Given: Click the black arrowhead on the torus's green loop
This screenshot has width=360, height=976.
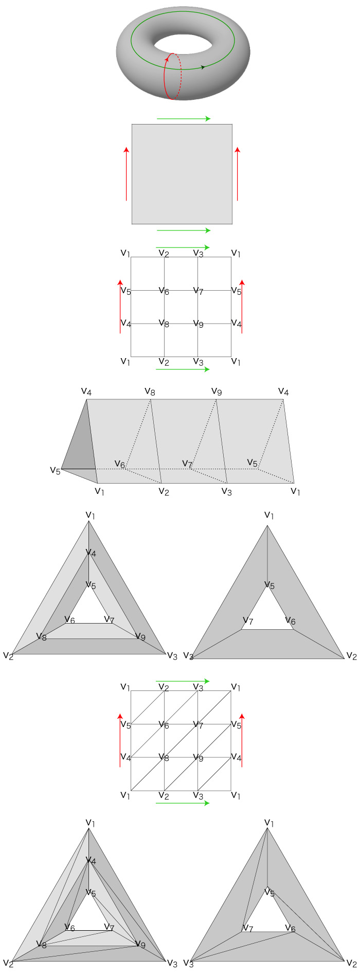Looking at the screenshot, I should coord(203,67).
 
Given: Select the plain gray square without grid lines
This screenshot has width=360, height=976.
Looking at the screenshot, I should coord(182,174).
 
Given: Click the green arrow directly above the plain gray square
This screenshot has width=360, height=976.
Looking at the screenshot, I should coord(184,119).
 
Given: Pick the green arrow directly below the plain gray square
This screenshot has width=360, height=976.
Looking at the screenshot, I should coord(184,230).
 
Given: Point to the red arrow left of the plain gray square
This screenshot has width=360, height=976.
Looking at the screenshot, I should coord(127,174).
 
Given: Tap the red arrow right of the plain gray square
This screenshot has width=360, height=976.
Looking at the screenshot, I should coord(237,174).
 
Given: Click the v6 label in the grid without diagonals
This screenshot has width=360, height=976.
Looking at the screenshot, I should coord(164,291).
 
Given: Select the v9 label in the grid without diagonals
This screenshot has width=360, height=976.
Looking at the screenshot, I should coord(198,324).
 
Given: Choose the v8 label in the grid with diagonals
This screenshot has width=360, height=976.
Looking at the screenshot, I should coord(164,757).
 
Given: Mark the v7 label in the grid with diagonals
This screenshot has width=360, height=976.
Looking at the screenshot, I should coord(198,725).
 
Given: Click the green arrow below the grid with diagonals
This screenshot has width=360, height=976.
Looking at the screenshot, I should coord(183,803).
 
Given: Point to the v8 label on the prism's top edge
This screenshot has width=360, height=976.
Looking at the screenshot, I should coord(150,392).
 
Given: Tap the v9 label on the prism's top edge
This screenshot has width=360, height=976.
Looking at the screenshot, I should coord(217,392).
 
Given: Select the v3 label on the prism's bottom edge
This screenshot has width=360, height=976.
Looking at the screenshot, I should coord(226,492).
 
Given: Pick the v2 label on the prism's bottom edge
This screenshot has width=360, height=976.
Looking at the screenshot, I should coord(164,492).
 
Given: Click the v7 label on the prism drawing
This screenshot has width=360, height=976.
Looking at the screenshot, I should coord(187,464).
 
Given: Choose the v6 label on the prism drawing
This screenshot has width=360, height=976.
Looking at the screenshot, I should coord(119,464).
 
